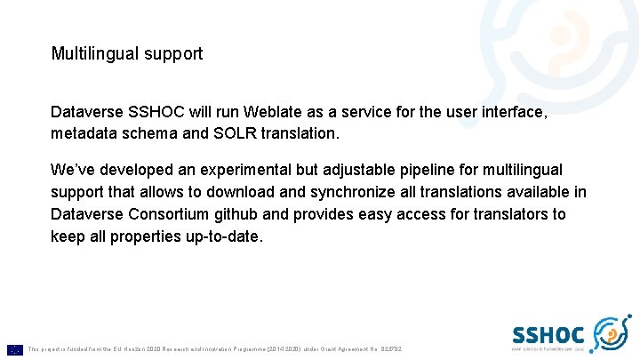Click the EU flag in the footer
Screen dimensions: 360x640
pos(14,349)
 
